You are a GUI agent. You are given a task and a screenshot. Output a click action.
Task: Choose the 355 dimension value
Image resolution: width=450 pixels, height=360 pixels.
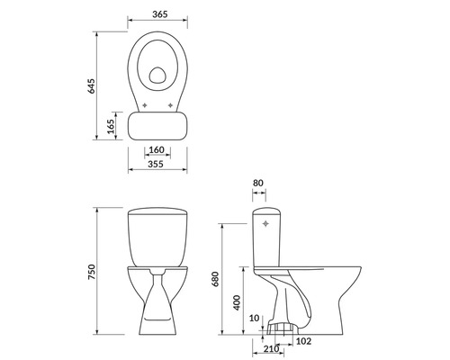coord(157,165)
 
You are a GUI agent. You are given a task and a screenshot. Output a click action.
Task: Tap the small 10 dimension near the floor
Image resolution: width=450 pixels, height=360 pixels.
coord(255,318)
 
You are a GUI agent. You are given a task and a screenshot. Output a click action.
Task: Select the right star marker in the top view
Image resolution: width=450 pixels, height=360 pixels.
coord(172,106)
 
